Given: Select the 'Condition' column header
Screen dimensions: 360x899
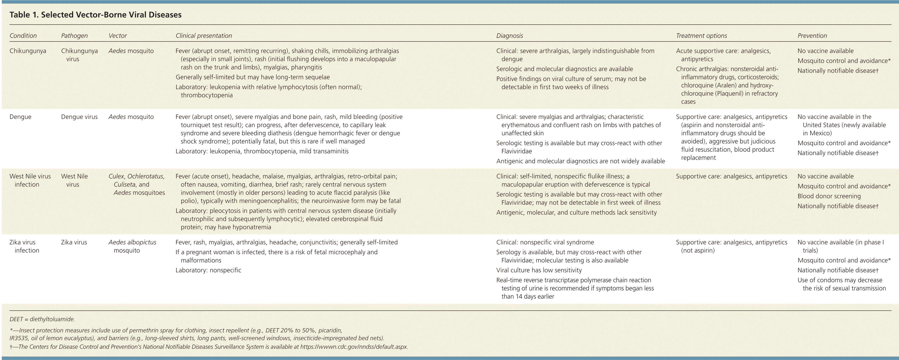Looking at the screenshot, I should [23, 36].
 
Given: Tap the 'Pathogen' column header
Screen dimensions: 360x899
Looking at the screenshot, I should [74, 36].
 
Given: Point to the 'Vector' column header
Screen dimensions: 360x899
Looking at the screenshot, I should [118, 36].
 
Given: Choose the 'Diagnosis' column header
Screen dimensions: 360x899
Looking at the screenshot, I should [510, 36].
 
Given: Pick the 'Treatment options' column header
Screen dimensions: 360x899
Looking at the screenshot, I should [702, 36].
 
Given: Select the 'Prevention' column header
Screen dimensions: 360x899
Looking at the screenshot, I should [812, 36].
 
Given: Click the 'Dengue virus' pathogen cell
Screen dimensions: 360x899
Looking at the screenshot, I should [79, 117].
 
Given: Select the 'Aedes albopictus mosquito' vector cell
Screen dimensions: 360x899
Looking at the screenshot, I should [132, 246].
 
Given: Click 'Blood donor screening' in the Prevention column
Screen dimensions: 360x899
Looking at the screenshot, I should [829, 196].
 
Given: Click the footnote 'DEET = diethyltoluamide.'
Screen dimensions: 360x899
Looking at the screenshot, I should [42, 319].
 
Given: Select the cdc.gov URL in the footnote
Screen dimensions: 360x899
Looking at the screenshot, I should [354, 347].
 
